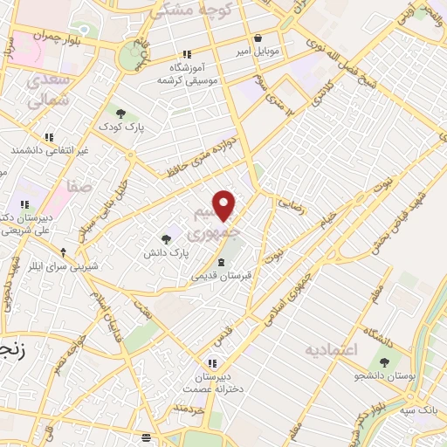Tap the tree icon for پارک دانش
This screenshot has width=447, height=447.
click(166, 239)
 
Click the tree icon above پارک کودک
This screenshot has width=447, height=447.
click(120, 113)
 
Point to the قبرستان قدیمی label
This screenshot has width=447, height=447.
click(222, 275)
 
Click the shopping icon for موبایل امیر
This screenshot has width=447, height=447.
click(258, 38)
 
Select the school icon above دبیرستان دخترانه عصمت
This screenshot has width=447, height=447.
click(210, 363)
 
